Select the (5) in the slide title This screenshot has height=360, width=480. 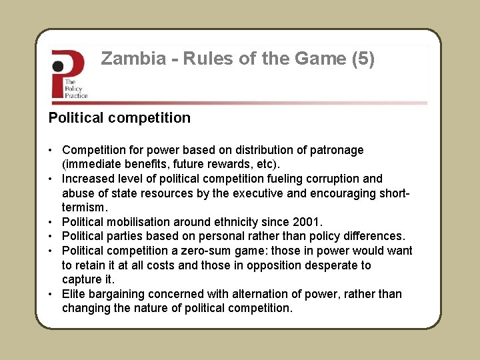coord(362,59)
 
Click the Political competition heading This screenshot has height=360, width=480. coord(119,118)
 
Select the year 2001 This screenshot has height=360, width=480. coord(307,222)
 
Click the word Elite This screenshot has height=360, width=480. coord(73,294)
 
